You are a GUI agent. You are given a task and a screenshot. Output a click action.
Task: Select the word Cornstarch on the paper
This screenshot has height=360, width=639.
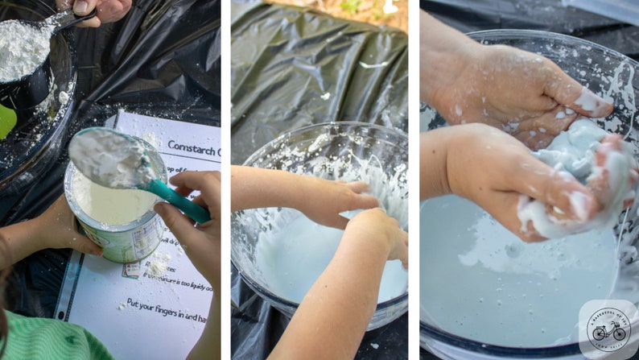click(193, 147)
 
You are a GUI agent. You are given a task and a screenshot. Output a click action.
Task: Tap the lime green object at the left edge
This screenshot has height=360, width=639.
click(6, 121)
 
